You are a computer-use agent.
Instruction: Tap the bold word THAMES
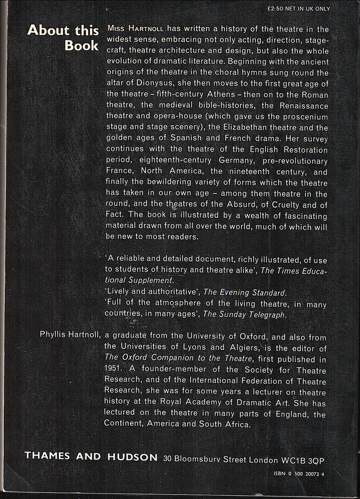[x=48, y=457]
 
